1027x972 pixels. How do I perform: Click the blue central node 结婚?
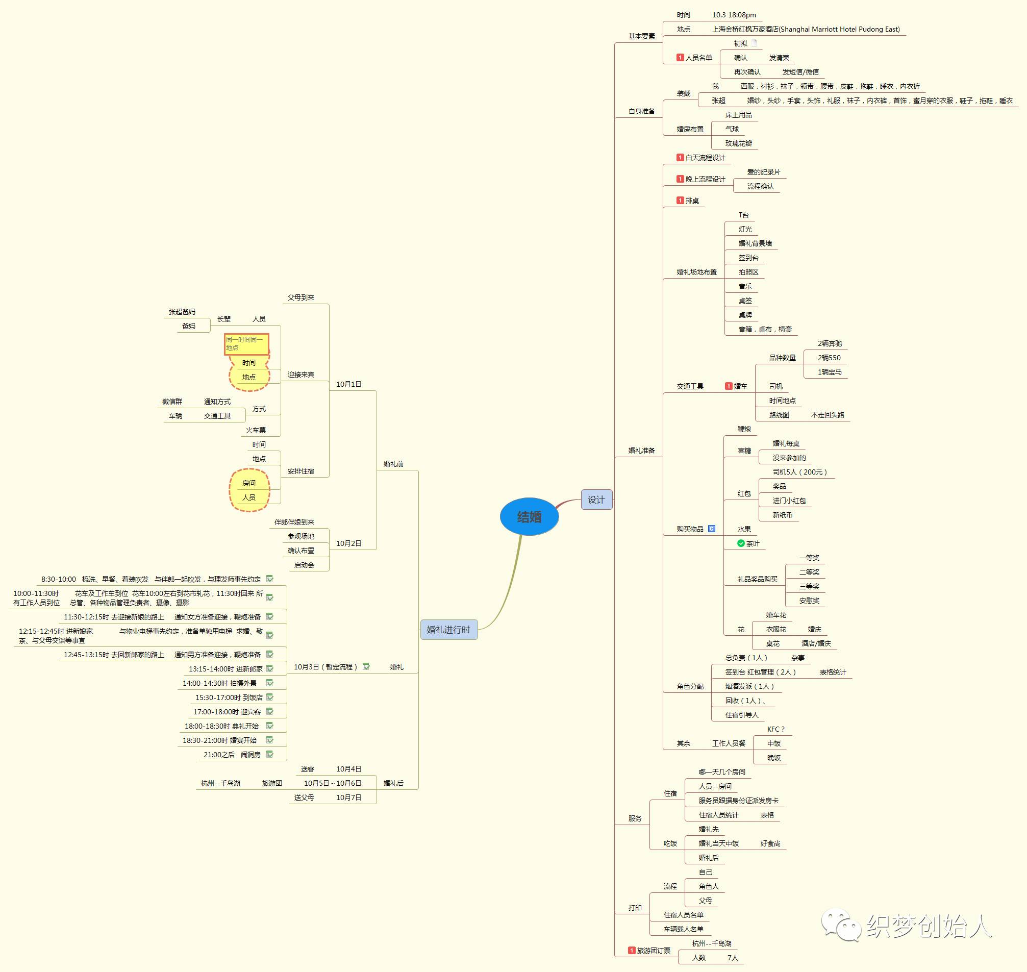529,516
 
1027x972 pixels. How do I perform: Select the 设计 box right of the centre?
596,500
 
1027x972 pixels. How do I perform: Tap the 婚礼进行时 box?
448,630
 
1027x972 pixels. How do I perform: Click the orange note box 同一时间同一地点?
246,344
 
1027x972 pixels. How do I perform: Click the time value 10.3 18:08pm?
734,15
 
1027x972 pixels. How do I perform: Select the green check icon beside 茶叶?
741,543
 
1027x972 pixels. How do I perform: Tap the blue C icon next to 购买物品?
711,529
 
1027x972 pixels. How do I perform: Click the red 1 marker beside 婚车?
728,386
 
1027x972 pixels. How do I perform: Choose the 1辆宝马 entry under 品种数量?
830,372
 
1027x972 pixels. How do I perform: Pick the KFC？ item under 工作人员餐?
775,729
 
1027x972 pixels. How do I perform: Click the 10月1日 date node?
349,384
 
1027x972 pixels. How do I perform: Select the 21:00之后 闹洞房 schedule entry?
232,755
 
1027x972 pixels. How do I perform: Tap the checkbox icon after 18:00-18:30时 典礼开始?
269,726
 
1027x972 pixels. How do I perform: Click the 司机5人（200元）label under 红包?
799,472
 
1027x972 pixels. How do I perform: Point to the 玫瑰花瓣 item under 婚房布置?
738,143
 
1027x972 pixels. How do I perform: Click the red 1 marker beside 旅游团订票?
631,950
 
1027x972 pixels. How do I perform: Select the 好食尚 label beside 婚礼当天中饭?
770,843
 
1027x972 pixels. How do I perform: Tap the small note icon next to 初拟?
755,43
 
